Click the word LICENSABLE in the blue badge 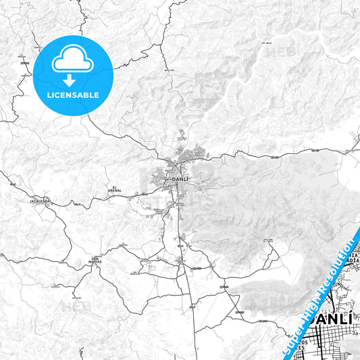[72, 95]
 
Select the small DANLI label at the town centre [180, 179]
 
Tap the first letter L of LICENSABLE [49, 95]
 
